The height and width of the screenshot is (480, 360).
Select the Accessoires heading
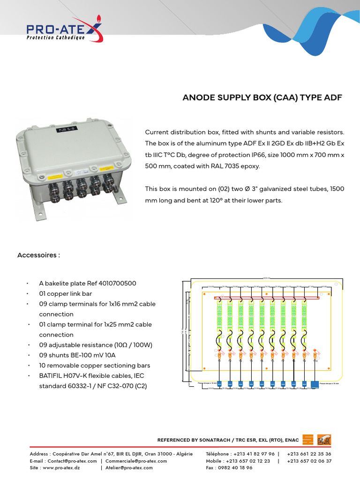(38, 255)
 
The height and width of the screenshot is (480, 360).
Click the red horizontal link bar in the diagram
(266, 298)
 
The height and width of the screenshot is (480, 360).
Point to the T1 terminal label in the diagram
(219, 361)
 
